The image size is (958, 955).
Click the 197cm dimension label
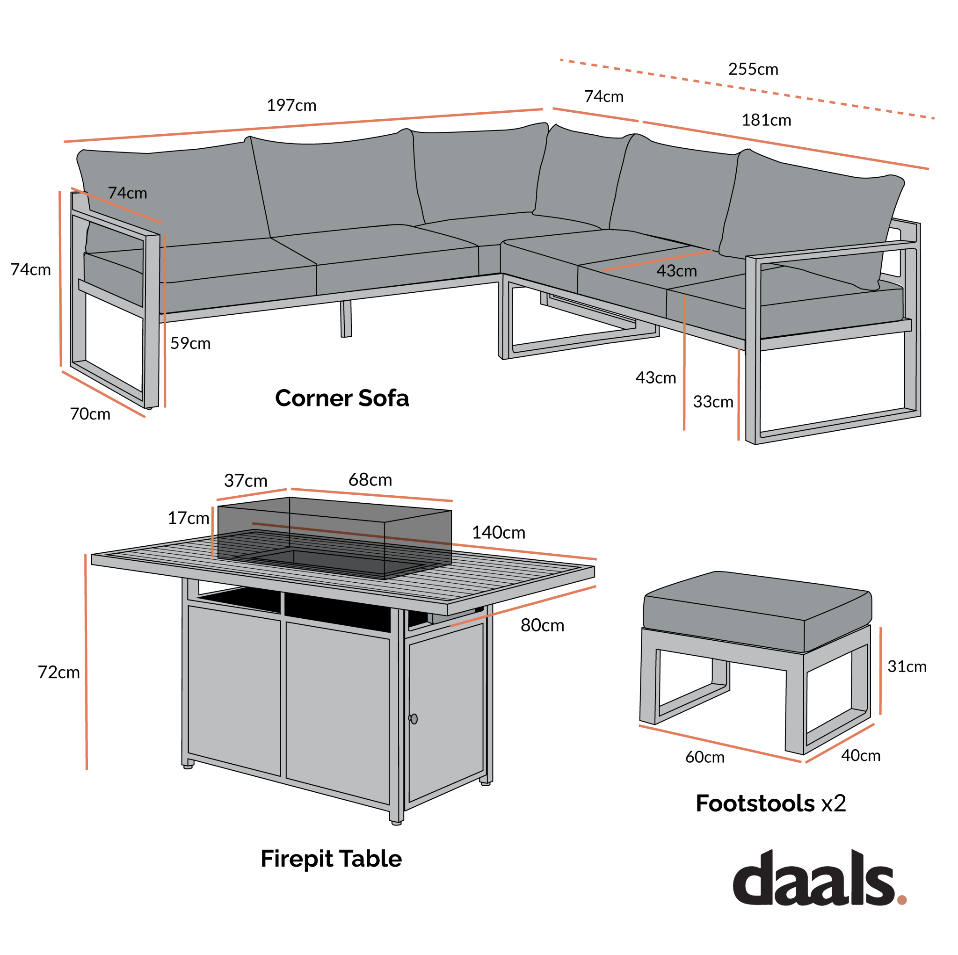(291, 106)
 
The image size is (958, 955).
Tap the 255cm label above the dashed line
(753, 69)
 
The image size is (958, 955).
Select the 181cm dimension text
(766, 121)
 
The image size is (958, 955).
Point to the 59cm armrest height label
(190, 343)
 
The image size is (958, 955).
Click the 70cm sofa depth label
(90, 414)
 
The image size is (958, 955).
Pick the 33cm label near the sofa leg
(712, 402)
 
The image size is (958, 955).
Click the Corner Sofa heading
(341, 398)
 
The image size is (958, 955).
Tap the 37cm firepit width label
(246, 480)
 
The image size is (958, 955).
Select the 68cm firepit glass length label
(370, 479)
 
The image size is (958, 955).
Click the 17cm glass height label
(188, 518)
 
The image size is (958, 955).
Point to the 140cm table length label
(498, 533)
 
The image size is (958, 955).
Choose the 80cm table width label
(542, 625)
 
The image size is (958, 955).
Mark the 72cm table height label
(58, 673)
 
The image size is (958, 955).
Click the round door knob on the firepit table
(414, 718)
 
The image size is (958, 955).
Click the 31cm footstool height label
(907, 666)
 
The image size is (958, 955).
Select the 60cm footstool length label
(704, 757)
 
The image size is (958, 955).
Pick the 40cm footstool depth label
(860, 756)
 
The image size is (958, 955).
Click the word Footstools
(755, 803)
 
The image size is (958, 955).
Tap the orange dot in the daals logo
(901, 900)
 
